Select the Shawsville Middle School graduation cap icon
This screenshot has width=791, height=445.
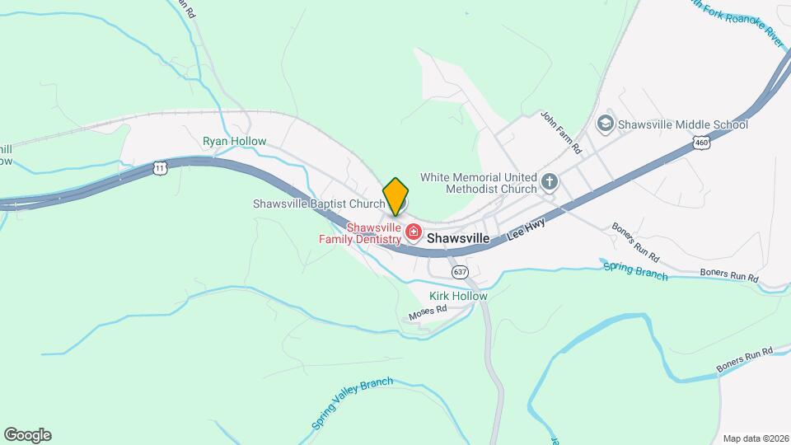tap(605, 124)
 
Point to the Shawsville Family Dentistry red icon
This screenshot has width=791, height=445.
tap(414, 234)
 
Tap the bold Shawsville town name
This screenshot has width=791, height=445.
tap(458, 237)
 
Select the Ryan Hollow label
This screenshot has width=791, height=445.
tap(235, 141)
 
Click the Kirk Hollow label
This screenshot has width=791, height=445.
tap(458, 296)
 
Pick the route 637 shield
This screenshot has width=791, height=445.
tap(460, 271)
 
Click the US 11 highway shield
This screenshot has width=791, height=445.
tap(160, 167)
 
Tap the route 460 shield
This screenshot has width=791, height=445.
tap(701, 143)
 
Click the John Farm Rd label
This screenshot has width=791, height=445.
tap(561, 133)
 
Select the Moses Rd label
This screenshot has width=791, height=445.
tap(428, 312)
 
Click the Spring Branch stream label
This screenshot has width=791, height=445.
tap(635, 270)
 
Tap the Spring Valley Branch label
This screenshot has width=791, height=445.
tap(352, 403)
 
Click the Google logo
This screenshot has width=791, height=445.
tap(27, 435)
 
